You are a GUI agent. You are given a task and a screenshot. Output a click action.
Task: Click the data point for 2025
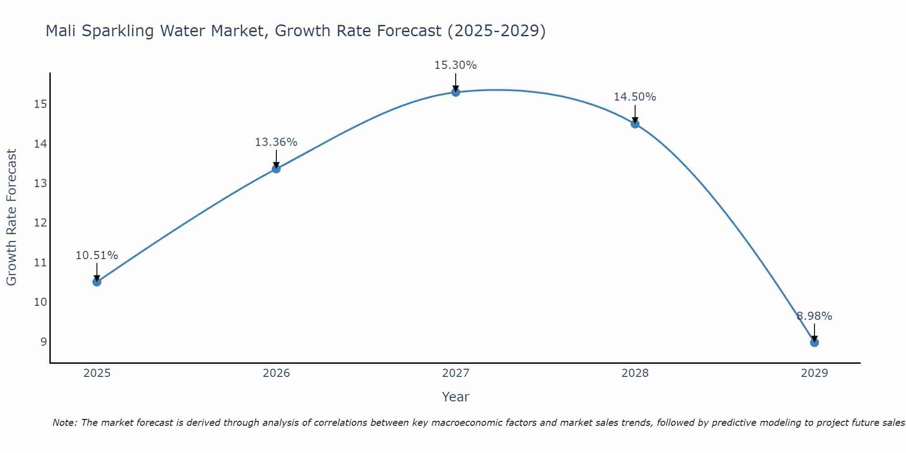(96, 282)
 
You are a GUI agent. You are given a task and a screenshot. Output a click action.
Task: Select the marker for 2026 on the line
(276, 169)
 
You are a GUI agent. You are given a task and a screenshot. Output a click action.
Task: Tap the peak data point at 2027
(455, 92)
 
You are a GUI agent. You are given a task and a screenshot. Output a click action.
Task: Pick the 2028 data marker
(635, 124)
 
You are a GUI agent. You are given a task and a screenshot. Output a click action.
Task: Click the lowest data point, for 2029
(814, 342)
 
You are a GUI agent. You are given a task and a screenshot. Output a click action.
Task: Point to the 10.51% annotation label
(96, 255)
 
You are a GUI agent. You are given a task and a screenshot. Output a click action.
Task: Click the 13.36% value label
(276, 142)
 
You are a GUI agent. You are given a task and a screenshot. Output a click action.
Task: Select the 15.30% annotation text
(455, 65)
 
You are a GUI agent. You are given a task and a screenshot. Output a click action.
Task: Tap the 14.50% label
(635, 97)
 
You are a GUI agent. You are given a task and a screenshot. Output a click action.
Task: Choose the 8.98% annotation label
(814, 316)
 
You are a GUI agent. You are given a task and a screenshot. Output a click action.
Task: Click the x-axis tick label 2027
(455, 373)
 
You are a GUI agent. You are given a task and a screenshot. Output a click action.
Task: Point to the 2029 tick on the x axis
(814, 373)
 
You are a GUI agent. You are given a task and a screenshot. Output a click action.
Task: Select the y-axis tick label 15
(41, 105)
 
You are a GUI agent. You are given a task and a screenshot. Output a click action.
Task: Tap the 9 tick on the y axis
(43, 342)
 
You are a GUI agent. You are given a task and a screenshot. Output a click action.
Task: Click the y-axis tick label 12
(41, 223)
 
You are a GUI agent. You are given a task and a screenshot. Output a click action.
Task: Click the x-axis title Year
(455, 397)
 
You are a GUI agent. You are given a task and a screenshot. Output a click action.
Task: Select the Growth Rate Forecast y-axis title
(11, 217)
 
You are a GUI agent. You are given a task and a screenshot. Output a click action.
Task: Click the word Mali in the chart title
(61, 31)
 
